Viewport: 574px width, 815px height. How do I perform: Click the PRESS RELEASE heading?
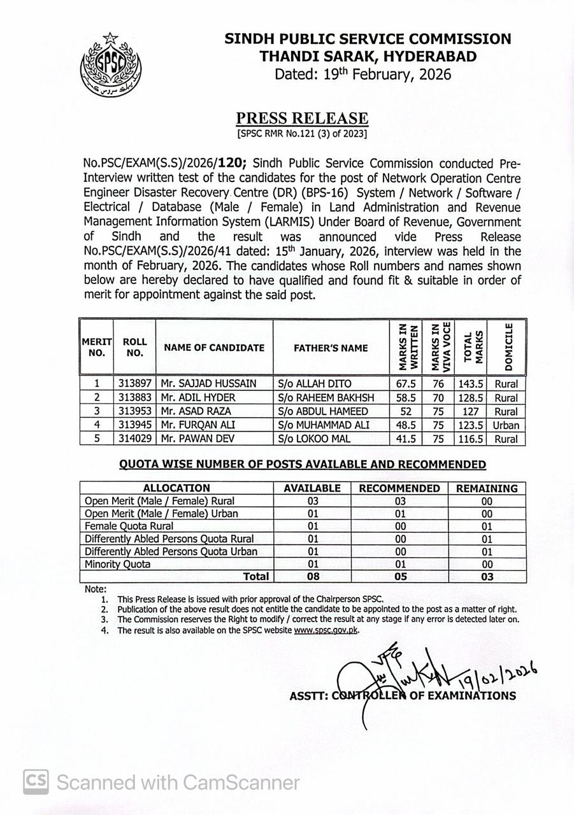302,118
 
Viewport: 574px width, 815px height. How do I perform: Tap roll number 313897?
134,384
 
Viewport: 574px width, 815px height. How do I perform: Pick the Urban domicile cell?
506,425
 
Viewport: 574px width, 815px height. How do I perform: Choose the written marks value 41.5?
406,439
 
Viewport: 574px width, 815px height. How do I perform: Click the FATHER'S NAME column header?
330,348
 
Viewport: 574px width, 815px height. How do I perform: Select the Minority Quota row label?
118,564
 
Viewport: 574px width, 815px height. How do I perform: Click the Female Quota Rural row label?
129,526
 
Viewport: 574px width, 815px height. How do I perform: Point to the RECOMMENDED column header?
399,488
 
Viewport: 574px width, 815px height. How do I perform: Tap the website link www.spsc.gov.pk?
326,630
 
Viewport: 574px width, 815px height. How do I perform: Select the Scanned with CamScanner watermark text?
178,781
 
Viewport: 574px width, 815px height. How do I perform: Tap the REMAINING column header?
487,488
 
